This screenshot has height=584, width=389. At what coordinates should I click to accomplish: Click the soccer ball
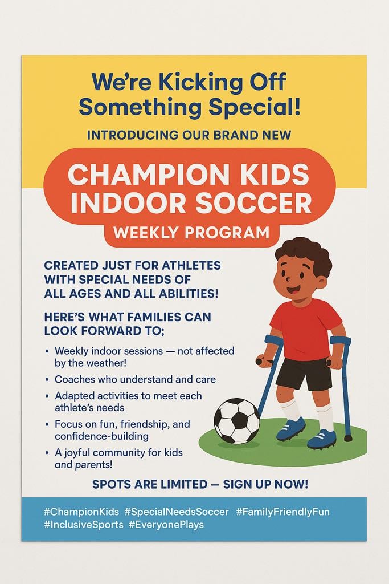pos(237,421)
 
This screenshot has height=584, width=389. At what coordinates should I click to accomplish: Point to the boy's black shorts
pos(304,373)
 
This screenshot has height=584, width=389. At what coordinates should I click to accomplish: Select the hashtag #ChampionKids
pos(81,512)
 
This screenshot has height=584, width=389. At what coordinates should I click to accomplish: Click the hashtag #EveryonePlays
pos(166,525)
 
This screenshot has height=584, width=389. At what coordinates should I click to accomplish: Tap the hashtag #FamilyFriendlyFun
pos(282,512)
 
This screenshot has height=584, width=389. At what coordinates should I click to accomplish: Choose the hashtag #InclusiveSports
pos(83,525)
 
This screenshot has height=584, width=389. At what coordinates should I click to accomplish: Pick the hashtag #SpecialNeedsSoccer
pos(177,512)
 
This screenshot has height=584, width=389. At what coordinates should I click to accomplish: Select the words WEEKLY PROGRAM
pos(191,233)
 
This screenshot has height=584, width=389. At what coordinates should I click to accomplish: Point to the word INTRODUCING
pos(133,135)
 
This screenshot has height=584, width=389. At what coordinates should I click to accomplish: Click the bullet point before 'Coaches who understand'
pos(47,379)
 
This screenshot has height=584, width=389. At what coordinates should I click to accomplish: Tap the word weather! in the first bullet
pos(106,363)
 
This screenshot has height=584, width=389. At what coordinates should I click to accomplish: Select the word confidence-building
pos(101,436)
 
